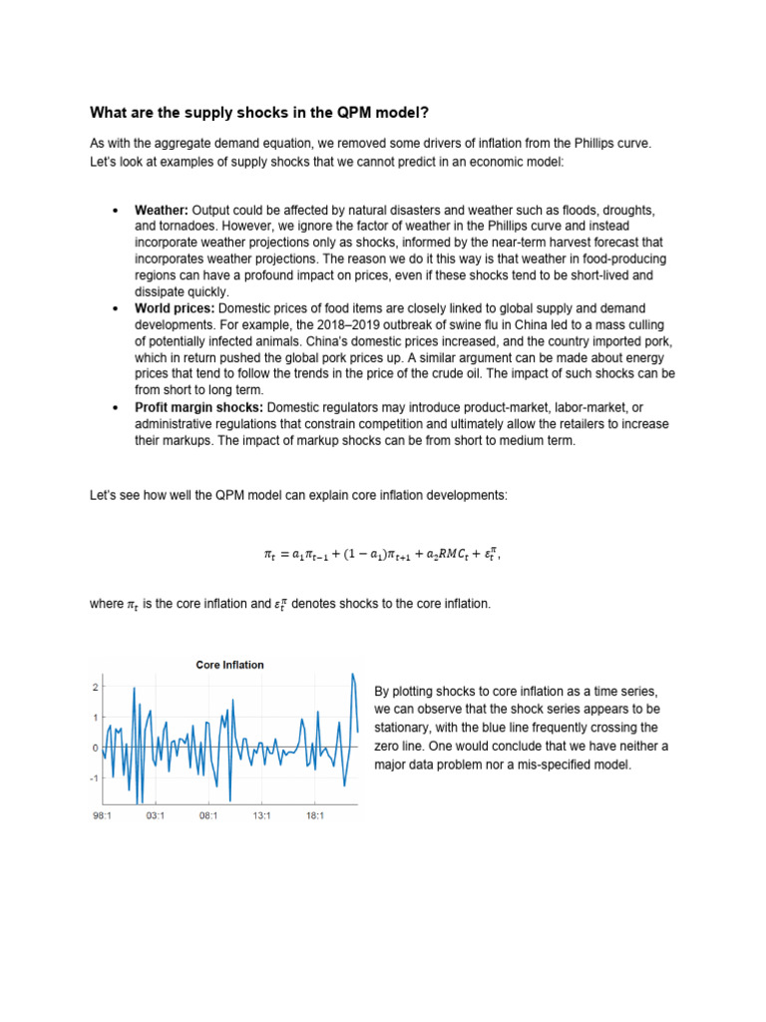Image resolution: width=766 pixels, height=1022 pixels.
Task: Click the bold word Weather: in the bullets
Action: click(162, 212)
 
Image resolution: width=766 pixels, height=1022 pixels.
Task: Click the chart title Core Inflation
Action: click(229, 665)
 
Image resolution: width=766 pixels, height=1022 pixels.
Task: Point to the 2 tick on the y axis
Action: click(95, 688)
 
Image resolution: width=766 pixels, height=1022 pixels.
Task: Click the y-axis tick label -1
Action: click(94, 778)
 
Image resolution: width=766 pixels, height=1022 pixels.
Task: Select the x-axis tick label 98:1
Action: click(102, 815)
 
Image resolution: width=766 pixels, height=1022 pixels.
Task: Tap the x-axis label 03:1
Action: click(156, 815)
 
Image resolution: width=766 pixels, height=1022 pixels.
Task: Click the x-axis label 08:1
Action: click(208, 815)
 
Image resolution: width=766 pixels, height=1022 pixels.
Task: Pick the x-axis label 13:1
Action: click(262, 815)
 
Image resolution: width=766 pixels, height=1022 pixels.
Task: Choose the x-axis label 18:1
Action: click(315, 815)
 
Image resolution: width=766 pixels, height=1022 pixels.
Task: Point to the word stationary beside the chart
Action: click(406, 728)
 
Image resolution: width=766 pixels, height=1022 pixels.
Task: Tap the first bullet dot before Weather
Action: click(116, 213)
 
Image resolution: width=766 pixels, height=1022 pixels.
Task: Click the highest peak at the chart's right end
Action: click(352, 676)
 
